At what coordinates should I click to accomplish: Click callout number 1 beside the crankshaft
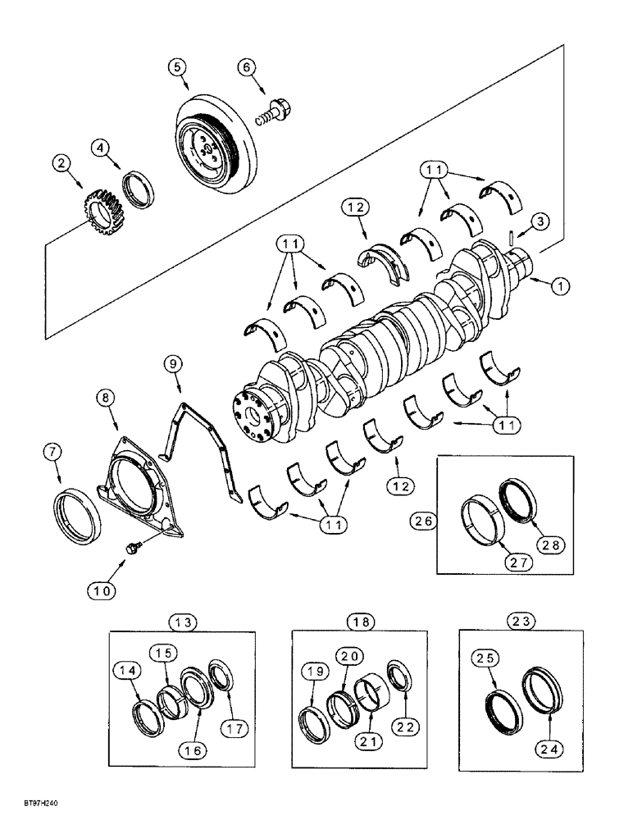(559, 286)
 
